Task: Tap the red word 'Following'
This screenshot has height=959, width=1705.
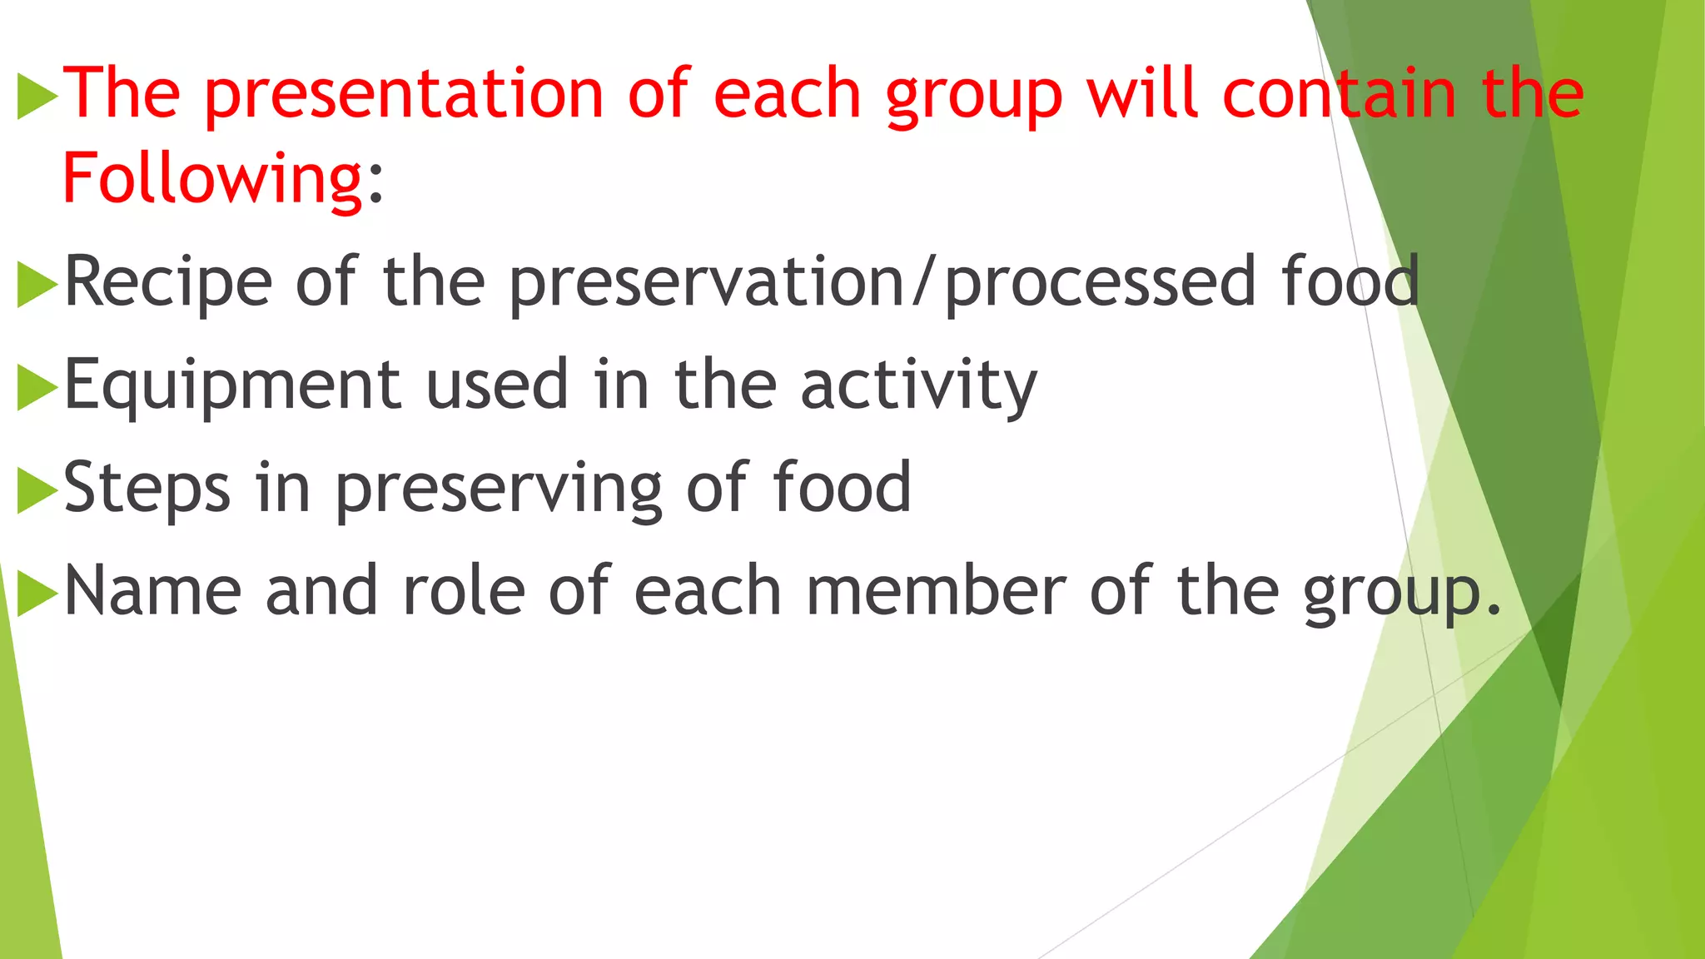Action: click(213, 179)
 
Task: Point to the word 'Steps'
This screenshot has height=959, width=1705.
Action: click(147, 489)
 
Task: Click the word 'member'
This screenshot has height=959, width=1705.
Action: click(937, 591)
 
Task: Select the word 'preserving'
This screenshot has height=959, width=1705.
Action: click(499, 489)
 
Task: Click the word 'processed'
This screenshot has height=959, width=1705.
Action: click(1100, 283)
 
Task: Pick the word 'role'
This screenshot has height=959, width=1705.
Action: click(464, 591)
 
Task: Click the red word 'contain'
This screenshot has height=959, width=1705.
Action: click(1340, 93)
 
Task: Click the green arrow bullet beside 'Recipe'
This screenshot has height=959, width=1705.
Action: click(37, 284)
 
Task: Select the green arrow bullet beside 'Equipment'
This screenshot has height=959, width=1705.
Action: click(37, 387)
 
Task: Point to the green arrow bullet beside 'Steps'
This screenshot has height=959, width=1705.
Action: click(37, 489)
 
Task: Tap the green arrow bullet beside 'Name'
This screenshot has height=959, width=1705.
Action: click(37, 593)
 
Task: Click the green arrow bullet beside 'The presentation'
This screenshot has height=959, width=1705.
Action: click(37, 96)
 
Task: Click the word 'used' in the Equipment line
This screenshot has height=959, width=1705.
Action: click(497, 386)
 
